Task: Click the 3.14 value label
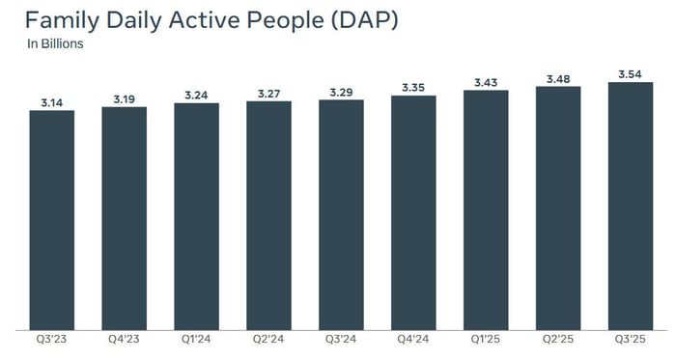(51, 100)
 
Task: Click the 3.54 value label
(631, 72)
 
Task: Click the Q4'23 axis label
(124, 341)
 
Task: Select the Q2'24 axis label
(268, 341)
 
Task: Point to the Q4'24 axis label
(413, 341)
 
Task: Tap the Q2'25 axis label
(558, 341)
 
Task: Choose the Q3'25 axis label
(631, 341)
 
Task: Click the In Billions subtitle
(55, 44)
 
